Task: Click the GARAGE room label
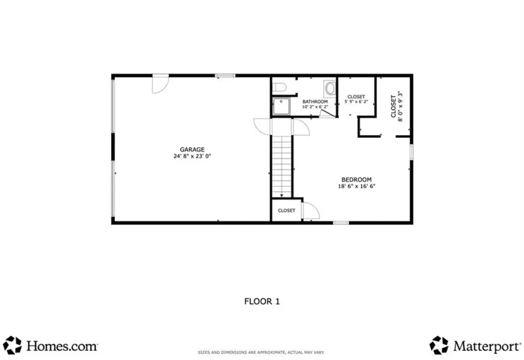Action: pos(192,149)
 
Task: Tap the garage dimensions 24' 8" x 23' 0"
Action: pos(192,156)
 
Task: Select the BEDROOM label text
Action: pos(357,180)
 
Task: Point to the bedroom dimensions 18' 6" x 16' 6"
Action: pos(357,186)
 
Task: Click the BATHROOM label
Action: pos(315,101)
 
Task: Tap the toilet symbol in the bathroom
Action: pos(279,87)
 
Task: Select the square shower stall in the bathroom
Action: pos(281,106)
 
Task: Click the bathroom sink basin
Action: pos(330,88)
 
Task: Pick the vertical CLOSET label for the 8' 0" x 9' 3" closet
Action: pos(393,106)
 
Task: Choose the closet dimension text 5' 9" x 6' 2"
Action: pos(357,101)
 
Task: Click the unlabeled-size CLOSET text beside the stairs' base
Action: pos(287,211)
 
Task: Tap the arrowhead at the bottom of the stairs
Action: pos(282,196)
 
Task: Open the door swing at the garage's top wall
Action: pos(161,85)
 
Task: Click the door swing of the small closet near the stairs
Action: pos(312,211)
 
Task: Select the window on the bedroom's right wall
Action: pos(411,152)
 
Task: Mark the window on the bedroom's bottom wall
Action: pos(341,223)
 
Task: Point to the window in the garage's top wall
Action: pos(225,76)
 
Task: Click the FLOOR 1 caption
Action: pos(262,301)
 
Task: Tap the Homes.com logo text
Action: pos(62,346)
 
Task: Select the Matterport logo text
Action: pos(487,346)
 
